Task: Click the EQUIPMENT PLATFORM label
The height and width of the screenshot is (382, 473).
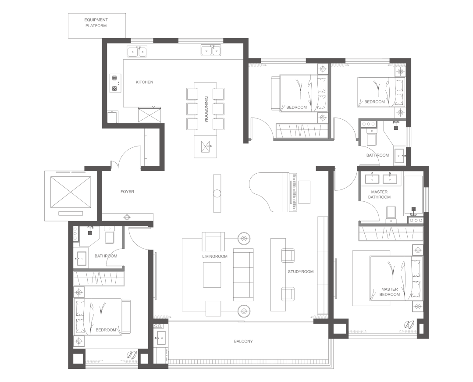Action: point(96,23)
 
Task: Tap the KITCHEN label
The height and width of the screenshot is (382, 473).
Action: point(145,82)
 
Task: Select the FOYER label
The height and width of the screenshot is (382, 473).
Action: point(127,192)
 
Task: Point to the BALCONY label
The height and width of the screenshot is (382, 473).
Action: point(243,341)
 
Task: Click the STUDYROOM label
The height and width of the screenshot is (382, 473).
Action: point(300,271)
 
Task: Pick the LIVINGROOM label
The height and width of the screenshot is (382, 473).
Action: point(215,257)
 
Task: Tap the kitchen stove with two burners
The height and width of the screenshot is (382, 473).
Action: point(115,83)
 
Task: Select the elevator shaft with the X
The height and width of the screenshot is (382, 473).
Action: point(71,192)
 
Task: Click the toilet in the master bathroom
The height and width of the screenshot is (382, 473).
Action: point(391,214)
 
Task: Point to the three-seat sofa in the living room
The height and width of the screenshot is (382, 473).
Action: point(243,275)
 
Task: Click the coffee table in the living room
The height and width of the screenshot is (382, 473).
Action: point(212,275)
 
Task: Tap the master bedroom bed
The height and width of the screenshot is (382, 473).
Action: point(396,278)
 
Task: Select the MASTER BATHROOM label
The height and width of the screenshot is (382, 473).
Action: point(379,194)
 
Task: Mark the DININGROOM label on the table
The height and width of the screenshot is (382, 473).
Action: point(206,109)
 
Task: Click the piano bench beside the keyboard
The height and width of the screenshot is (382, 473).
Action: point(304,192)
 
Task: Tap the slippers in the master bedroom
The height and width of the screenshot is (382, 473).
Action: point(409,325)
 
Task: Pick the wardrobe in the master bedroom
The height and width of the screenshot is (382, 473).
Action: point(391,234)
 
